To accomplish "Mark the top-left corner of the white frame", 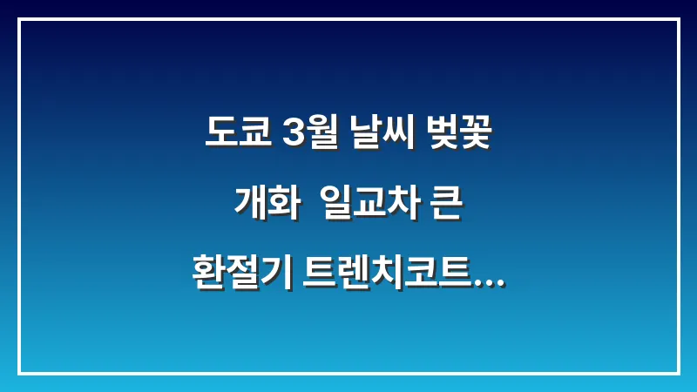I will tap(19, 19).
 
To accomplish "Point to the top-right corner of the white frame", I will tap(678, 19).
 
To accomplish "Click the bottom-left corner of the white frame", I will tap(19, 373).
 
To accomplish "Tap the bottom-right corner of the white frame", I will tap(678, 373).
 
